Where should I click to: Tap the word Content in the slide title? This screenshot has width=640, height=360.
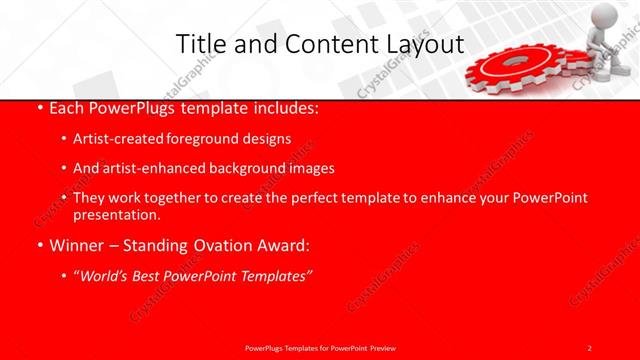click(x=320, y=44)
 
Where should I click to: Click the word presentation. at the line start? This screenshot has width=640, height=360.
click(x=116, y=214)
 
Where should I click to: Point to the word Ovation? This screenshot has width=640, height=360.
click(x=217, y=243)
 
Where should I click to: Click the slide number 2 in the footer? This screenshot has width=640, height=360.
click(x=590, y=347)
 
